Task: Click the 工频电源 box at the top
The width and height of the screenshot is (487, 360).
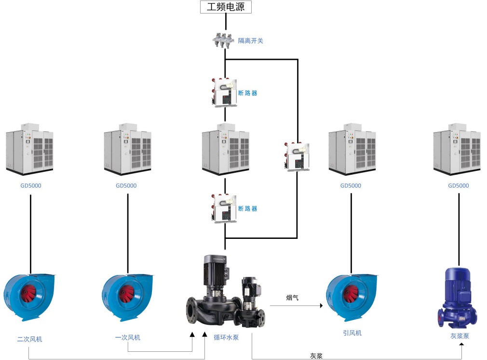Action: pyautogui.click(x=226, y=7)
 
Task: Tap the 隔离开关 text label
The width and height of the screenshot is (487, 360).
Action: pyautogui.click(x=251, y=41)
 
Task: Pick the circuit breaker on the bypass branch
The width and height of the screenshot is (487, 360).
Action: pyautogui.click(x=297, y=156)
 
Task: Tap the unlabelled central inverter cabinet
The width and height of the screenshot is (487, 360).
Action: pyautogui.click(x=225, y=150)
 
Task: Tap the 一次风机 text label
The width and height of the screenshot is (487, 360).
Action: pyautogui.click(x=128, y=338)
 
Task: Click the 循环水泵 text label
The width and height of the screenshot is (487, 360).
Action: pyautogui.click(x=226, y=338)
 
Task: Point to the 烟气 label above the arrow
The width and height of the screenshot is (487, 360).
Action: pyautogui.click(x=292, y=298)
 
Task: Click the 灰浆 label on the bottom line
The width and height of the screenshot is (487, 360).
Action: pyautogui.click(x=316, y=356)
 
